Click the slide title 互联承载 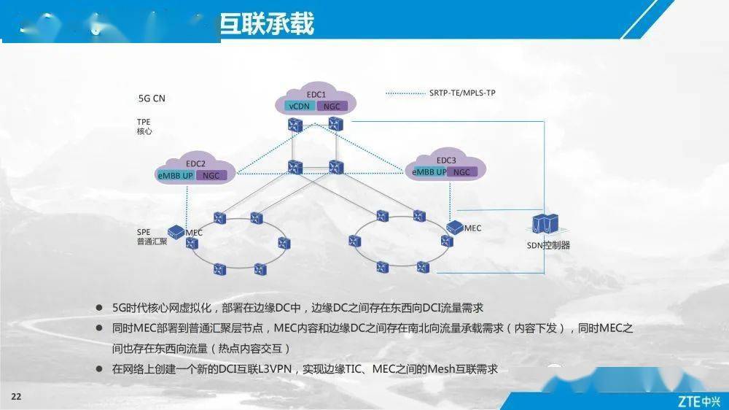click(268, 23)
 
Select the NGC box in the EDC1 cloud click(332, 106)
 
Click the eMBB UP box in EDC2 click(176, 175)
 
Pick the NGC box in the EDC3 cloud click(461, 172)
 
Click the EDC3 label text click(446, 160)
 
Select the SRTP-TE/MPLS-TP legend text click(462, 93)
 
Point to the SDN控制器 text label click(548, 245)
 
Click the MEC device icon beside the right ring click(456, 227)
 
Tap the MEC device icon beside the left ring click(176, 231)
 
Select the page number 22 click(16, 395)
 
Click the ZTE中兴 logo click(698, 401)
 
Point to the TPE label click(144, 121)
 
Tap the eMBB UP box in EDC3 click(429, 172)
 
